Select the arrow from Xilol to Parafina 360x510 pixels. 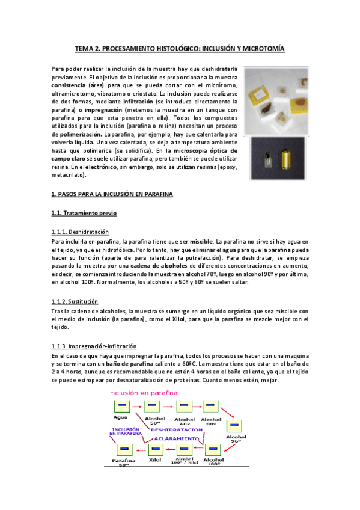tap(140, 450)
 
